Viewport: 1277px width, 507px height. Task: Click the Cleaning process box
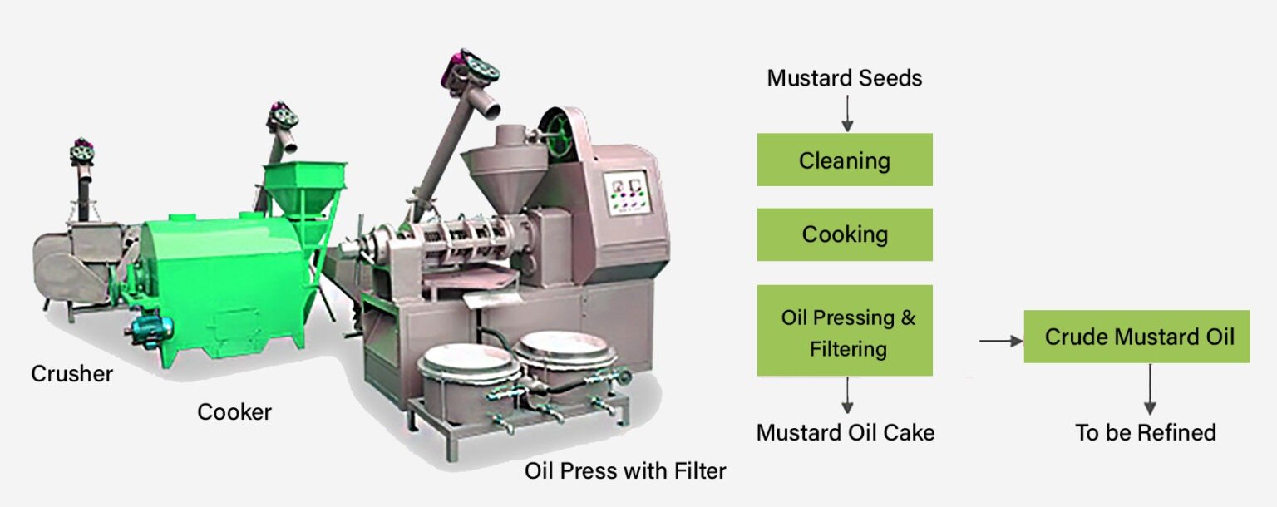(845, 160)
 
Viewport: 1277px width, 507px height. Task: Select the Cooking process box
(845, 234)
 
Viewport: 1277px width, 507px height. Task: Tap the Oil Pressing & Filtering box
(845, 331)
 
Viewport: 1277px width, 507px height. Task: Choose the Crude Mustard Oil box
(1136, 336)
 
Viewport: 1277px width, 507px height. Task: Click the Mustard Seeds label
(845, 78)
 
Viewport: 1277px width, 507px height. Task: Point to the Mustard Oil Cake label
(846, 432)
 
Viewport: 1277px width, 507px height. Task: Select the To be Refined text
(1146, 432)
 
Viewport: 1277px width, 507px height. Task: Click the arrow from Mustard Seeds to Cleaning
(847, 113)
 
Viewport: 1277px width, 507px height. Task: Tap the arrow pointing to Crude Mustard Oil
(1001, 341)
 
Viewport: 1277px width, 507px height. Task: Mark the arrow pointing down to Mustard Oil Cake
(847, 395)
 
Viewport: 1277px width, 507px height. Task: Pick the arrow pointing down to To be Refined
(1150, 389)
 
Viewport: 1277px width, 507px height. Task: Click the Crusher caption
(71, 374)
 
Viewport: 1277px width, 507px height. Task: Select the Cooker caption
(234, 412)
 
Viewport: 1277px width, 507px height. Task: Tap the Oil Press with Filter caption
(625, 471)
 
